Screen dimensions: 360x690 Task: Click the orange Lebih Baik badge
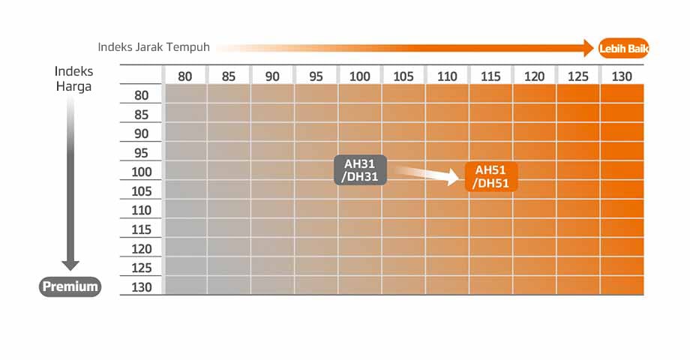pos(623,49)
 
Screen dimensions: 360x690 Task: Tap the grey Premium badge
pos(70,286)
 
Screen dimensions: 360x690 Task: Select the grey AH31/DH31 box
pos(360,170)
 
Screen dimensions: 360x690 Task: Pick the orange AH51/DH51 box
pos(491,177)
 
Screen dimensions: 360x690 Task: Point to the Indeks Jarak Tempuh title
pos(154,47)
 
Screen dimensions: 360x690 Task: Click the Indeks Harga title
pos(73,78)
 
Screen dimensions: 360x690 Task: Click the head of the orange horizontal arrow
pos(588,49)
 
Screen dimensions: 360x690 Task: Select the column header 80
pos(185,76)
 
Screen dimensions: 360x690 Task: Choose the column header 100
pos(360,76)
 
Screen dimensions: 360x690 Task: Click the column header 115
pos(490,76)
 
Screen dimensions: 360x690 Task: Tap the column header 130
pos(622,76)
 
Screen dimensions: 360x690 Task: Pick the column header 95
pos(316,76)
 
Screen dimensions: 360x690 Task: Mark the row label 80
pos(142,95)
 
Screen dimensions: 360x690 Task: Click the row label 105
pos(142,191)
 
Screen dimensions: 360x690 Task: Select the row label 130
pos(142,287)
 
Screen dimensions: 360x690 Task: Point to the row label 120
pos(142,249)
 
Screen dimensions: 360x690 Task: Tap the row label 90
pos(142,133)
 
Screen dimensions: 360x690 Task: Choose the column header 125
pos(578,76)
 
